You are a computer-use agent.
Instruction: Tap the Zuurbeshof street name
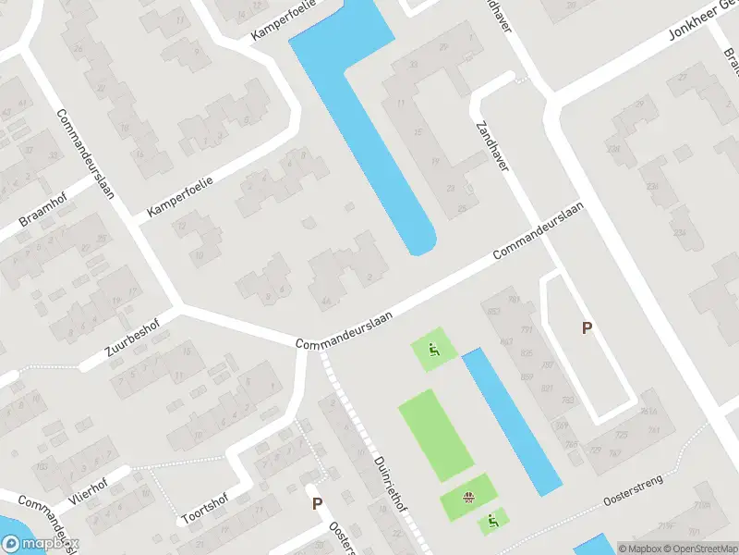(131, 337)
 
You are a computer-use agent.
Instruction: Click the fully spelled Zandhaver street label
(494, 149)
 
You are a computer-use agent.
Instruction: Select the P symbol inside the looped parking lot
(587, 327)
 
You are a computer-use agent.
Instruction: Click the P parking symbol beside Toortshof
(317, 504)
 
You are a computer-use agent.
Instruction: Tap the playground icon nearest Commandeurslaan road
(433, 350)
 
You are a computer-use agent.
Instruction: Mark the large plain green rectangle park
(436, 435)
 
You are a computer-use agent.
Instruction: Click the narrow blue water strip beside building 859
(513, 422)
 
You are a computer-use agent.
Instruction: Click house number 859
(527, 376)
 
